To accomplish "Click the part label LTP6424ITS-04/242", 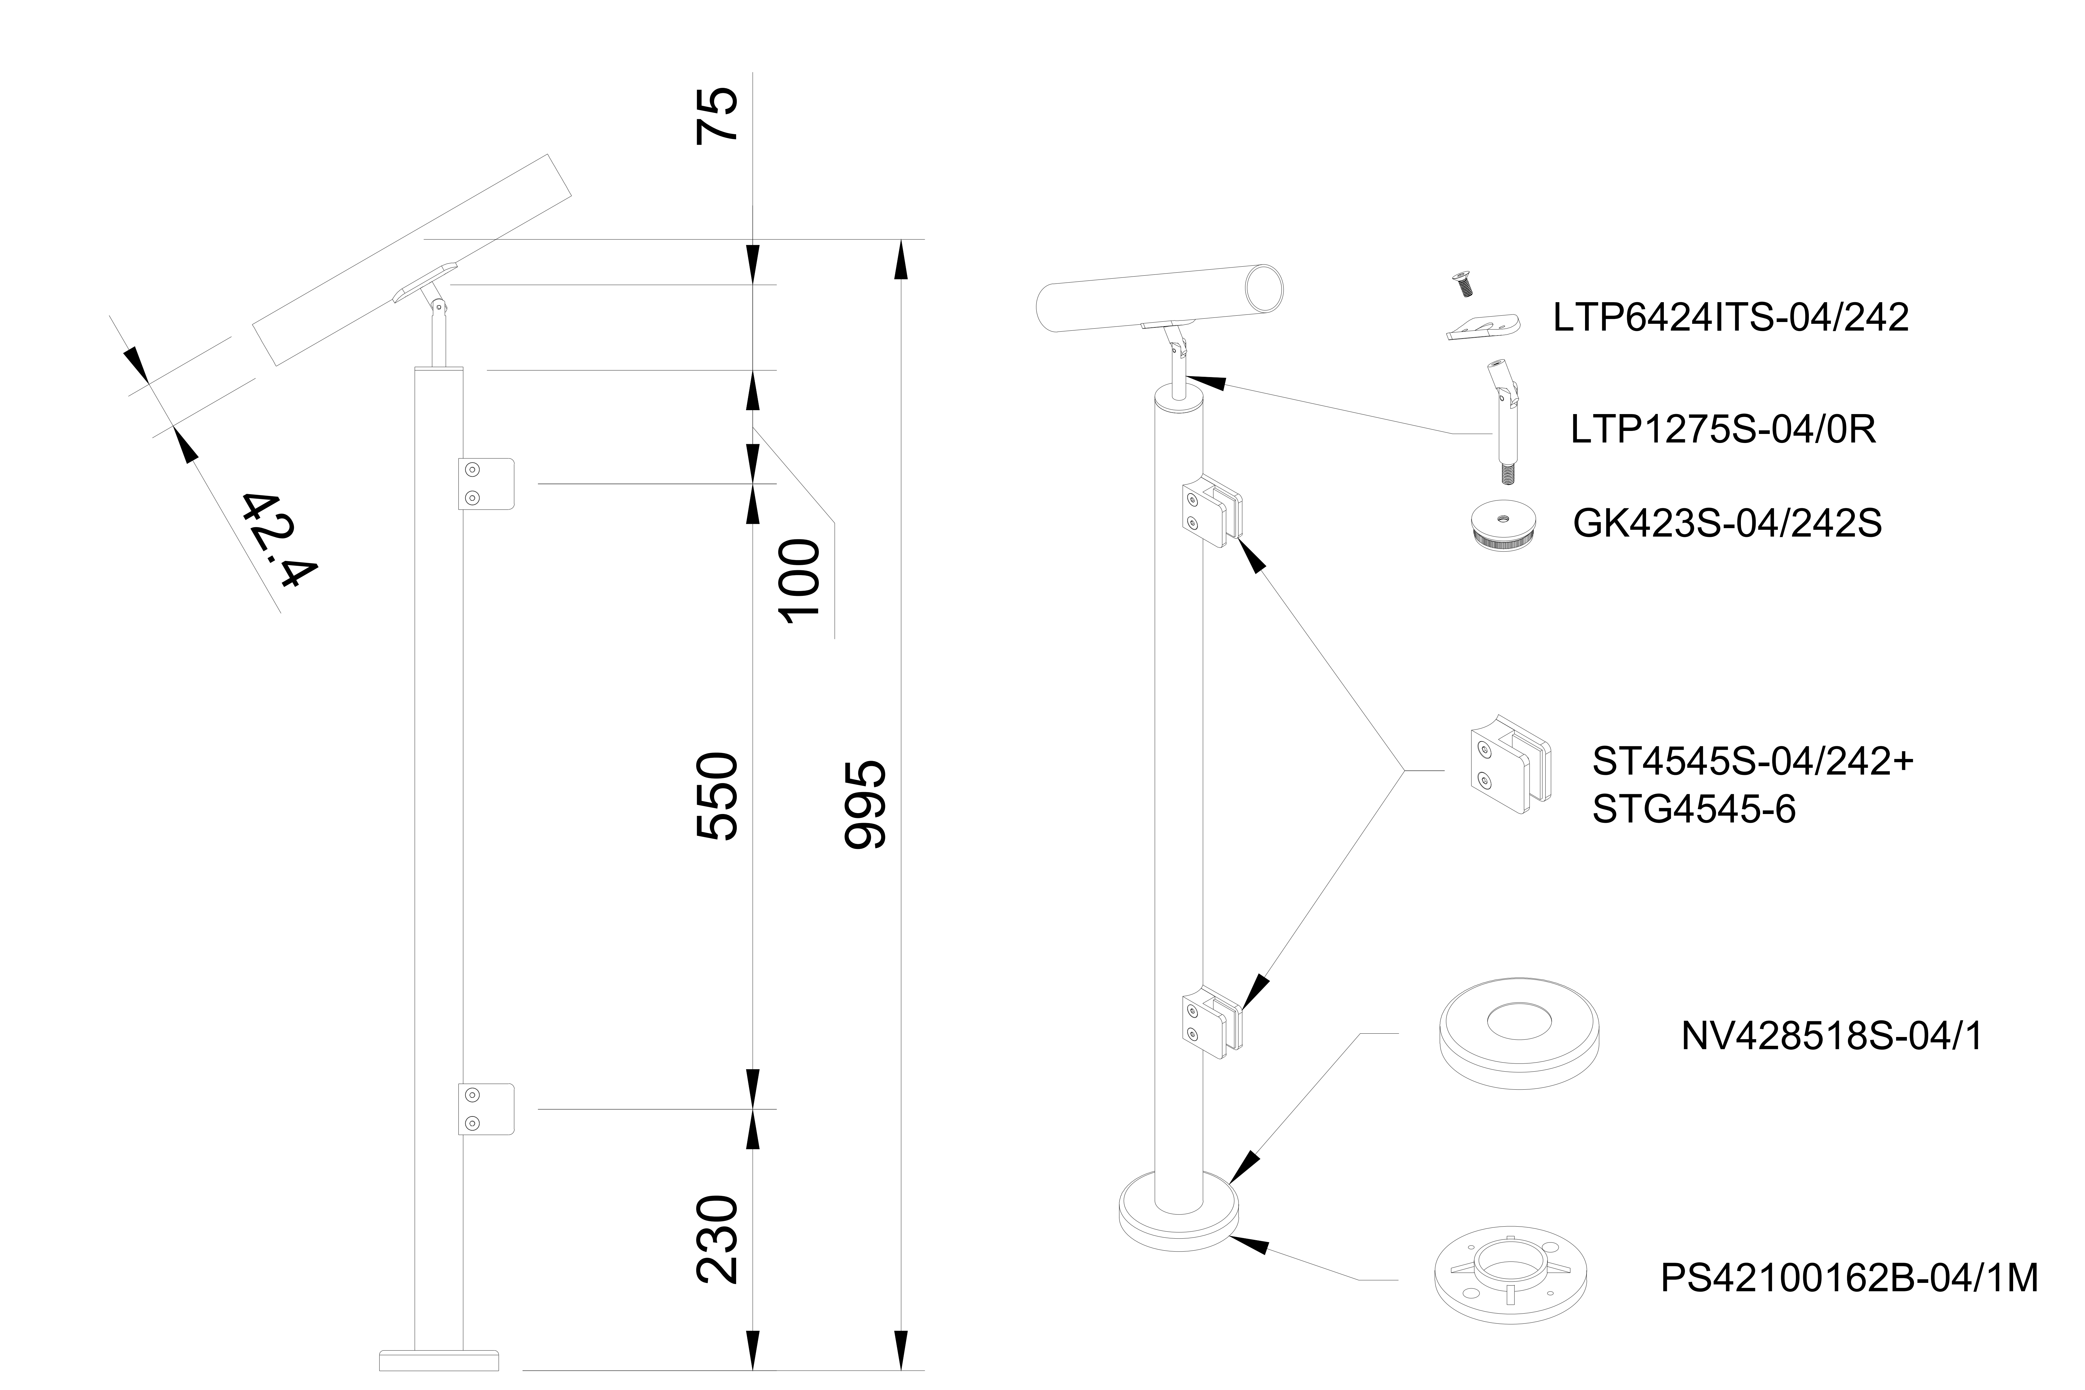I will [x=1731, y=317].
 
